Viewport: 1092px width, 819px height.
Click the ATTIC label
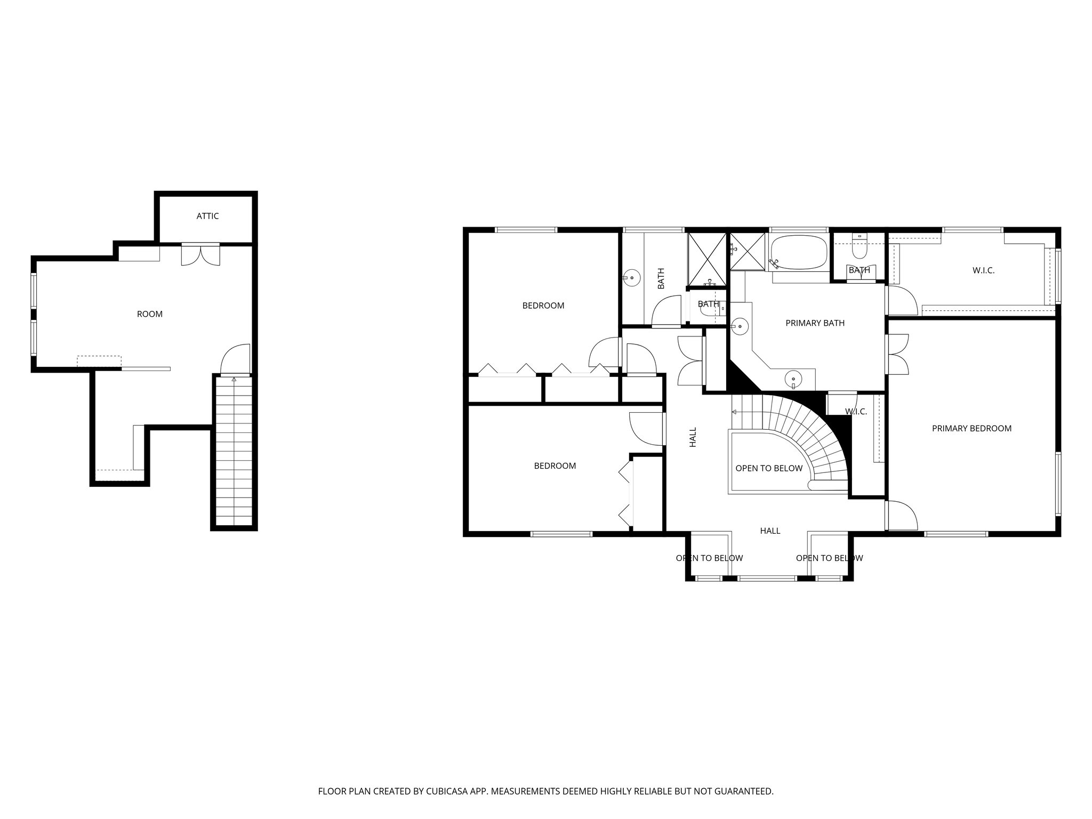(207, 216)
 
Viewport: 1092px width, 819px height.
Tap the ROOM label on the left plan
(149, 314)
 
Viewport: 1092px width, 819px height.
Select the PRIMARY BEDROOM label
(971, 428)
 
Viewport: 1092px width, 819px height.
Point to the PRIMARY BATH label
(815, 323)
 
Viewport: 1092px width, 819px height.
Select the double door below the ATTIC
(200, 254)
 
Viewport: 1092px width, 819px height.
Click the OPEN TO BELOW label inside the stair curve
(768, 468)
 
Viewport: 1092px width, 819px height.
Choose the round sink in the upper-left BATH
(632, 277)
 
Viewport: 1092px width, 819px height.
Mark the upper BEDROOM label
(543, 306)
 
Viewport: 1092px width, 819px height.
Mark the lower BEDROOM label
(555, 465)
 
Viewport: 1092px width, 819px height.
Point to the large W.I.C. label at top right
(983, 270)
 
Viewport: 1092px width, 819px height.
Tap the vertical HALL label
(693, 437)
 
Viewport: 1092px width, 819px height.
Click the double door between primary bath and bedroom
(897, 354)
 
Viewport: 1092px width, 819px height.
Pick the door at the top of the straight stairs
(235, 360)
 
